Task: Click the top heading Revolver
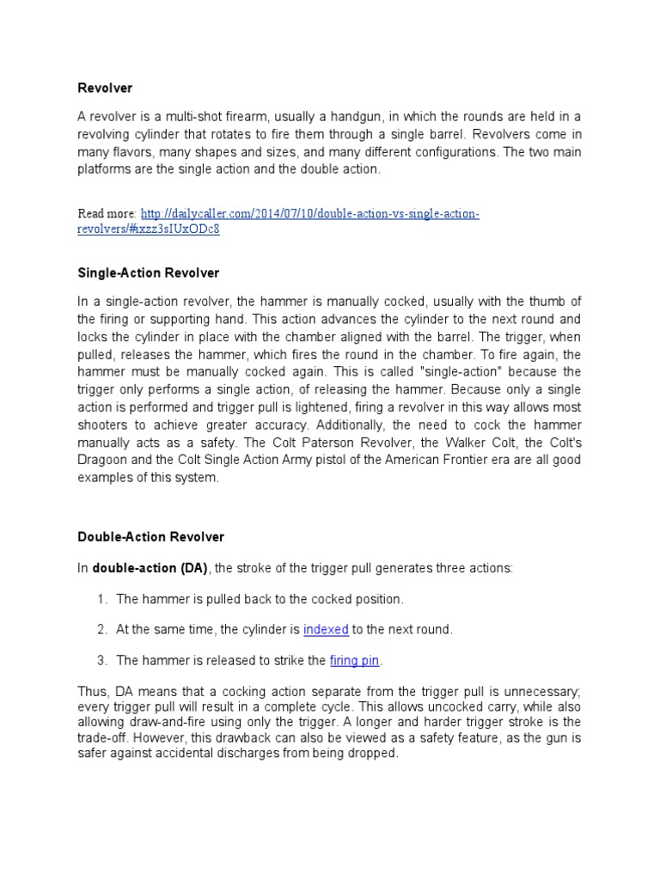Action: [106, 88]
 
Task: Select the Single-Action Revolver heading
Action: [149, 272]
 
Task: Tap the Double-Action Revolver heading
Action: [150, 536]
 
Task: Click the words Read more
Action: [107, 214]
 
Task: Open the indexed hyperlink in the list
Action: [326, 629]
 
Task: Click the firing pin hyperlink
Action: [355, 660]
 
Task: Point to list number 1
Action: [101, 598]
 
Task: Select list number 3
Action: [101, 660]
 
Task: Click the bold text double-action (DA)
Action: [150, 567]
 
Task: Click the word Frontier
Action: [468, 460]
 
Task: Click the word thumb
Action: [550, 301]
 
